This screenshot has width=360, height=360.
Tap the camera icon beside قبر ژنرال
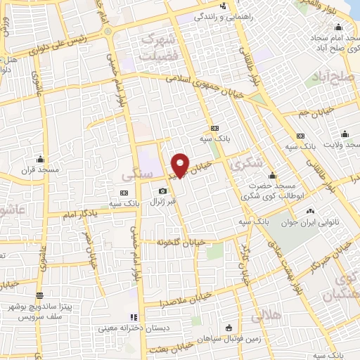[163, 191]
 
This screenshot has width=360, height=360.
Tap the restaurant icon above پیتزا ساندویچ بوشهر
[39, 295]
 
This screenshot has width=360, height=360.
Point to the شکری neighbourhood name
[245, 163]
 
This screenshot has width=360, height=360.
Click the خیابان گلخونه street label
[181, 242]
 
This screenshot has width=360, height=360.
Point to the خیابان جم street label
[311, 111]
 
